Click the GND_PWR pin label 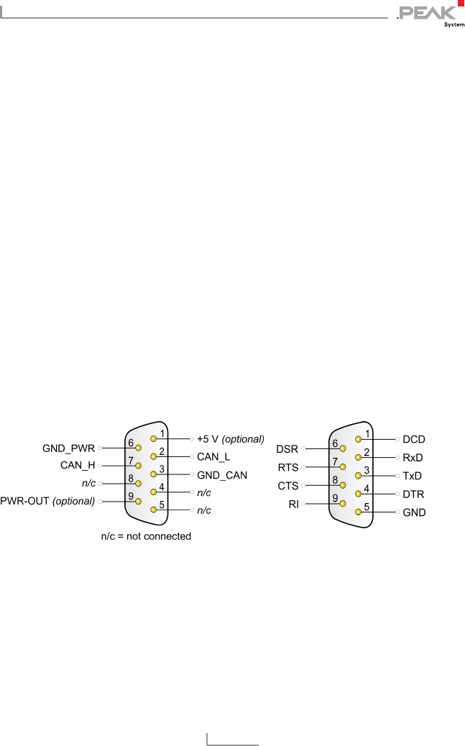(x=68, y=448)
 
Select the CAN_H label (x=78, y=466)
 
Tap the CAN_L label (x=213, y=456)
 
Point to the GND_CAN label (x=222, y=475)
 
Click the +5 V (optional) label (x=231, y=438)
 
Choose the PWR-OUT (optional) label (x=48, y=501)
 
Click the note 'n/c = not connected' (x=146, y=536)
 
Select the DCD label (x=414, y=438)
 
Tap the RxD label (x=413, y=457)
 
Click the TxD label (x=413, y=476)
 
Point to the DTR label (x=413, y=494)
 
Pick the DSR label (x=287, y=449)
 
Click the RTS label (x=287, y=467)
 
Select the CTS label (x=287, y=486)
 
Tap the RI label (x=293, y=505)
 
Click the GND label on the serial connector (x=414, y=512)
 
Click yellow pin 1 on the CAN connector (x=153, y=438)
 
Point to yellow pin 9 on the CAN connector (x=138, y=501)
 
